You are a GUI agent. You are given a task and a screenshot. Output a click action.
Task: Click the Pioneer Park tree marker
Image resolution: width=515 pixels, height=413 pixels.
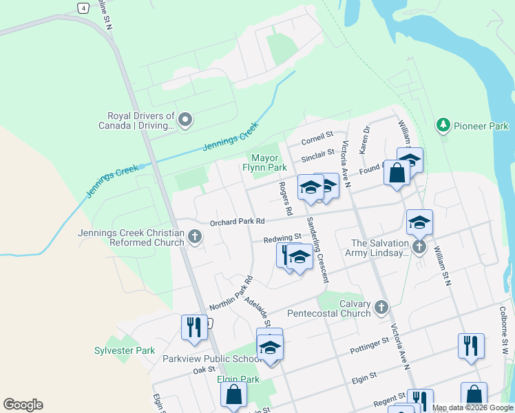coord(443,125)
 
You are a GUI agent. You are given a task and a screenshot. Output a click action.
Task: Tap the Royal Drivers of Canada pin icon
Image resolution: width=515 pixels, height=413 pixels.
coord(185,120)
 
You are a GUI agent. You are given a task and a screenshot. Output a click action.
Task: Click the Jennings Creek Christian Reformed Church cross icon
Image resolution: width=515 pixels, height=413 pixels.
coord(195,237)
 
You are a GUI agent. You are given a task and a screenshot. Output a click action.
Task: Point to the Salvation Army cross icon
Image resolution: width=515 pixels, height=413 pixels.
coord(419,247)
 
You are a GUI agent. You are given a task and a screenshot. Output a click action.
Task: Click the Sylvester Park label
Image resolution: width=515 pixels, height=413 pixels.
coord(125,350)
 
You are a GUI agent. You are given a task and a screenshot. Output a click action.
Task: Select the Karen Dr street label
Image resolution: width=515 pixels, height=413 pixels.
coord(366,139)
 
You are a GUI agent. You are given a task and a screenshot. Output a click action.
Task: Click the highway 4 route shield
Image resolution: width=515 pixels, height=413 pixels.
coord(83,8)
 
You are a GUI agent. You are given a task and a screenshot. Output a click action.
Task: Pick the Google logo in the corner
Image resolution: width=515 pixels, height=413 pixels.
coord(23,405)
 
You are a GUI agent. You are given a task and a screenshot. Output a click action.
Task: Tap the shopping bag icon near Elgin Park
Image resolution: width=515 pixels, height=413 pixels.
coord(233,394)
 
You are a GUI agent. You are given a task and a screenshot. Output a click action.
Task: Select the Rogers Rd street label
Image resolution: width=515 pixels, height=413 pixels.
coord(285,198)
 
